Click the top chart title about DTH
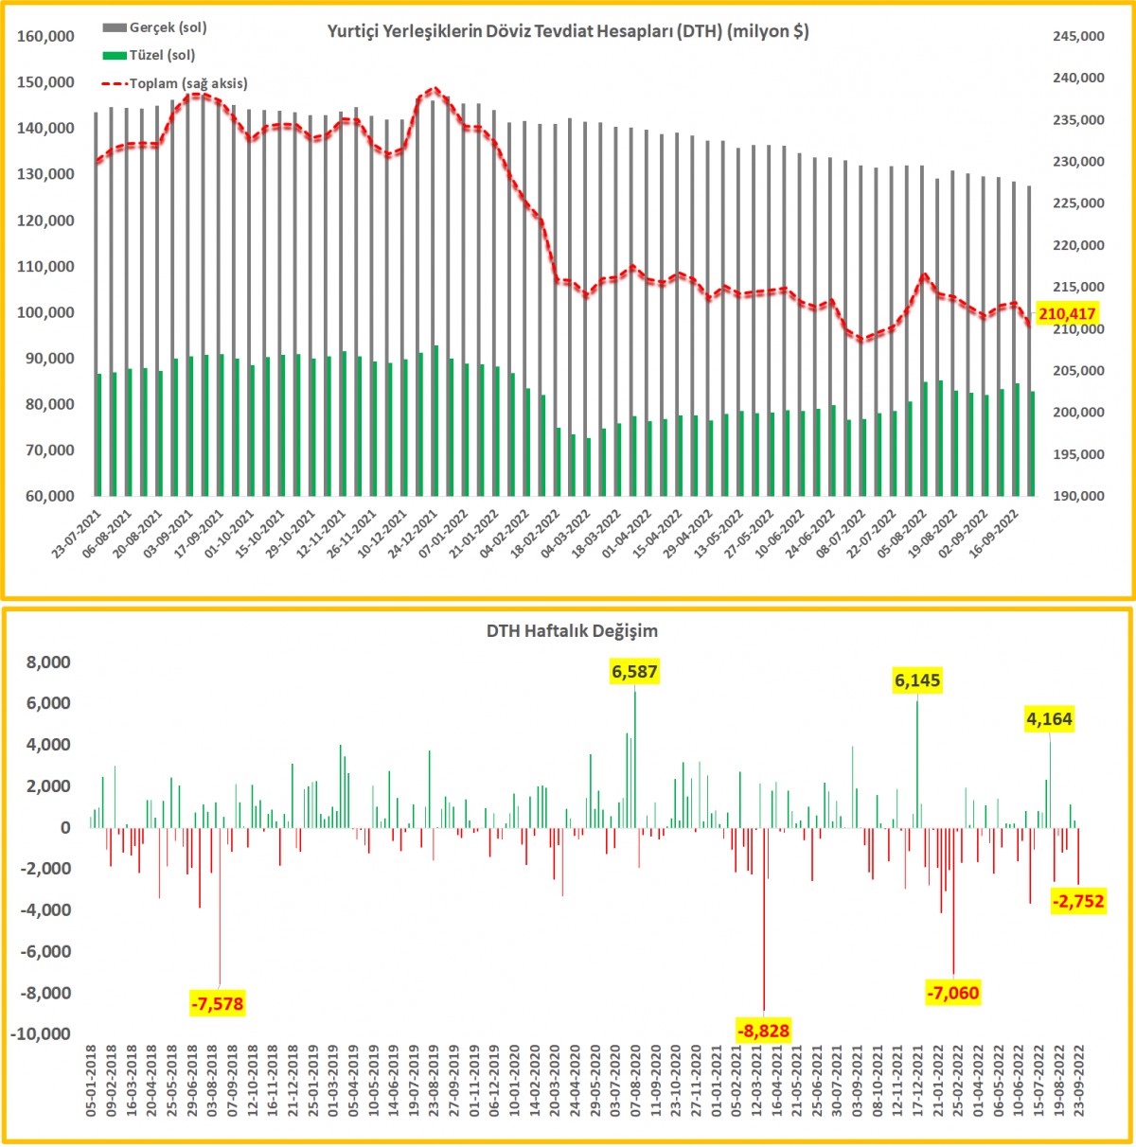click(568, 31)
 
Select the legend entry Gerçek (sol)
click(168, 27)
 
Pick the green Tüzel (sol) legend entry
click(162, 55)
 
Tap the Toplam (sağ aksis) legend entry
click(187, 83)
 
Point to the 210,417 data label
click(1067, 314)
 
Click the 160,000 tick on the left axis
click(46, 36)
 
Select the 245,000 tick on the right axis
click(1078, 36)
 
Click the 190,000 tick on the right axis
click(1078, 496)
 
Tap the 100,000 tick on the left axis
click(46, 312)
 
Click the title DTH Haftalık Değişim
click(572, 630)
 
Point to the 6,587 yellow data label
click(634, 672)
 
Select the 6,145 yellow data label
click(917, 680)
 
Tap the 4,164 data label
click(1049, 719)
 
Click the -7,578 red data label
click(217, 1003)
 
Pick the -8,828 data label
click(763, 1030)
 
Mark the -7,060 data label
click(952, 993)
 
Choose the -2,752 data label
click(1078, 901)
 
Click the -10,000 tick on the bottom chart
click(41, 1034)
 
